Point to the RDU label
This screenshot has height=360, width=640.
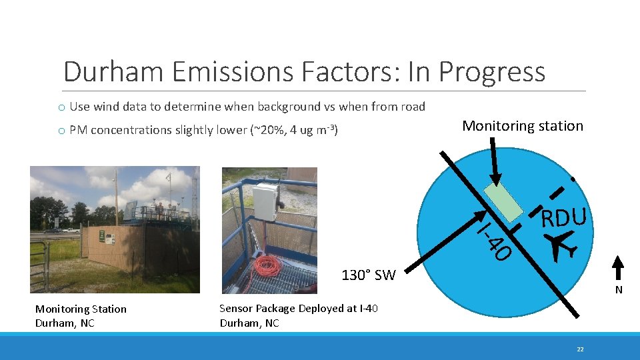click(564, 217)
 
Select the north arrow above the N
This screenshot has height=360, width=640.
click(618, 269)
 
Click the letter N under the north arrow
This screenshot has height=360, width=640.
click(618, 290)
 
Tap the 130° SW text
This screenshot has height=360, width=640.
click(368, 275)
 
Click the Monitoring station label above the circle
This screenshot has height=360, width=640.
click(522, 126)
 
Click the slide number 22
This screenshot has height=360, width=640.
click(580, 349)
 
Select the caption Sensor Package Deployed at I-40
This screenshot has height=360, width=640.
click(298, 308)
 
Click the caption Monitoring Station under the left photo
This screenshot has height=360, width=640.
click(80, 309)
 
